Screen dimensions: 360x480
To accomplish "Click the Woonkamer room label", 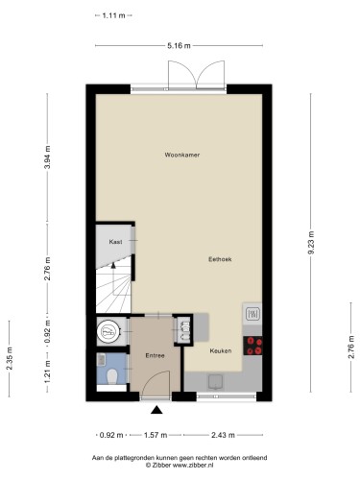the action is pyautogui.click(x=182, y=155).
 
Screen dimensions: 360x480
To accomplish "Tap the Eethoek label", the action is pyautogui.click(x=220, y=259).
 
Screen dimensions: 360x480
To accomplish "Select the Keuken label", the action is pyautogui.click(x=221, y=350).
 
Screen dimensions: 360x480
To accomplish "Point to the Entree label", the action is pyautogui.click(x=155, y=355).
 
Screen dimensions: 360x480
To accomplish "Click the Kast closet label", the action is pyautogui.click(x=115, y=242).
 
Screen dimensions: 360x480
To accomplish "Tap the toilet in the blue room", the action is pyautogui.click(x=112, y=376).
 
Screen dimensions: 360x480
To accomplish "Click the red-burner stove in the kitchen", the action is pyautogui.click(x=252, y=346).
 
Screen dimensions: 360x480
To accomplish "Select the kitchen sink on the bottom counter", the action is pyautogui.click(x=216, y=382).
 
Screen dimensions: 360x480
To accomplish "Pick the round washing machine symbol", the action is pyautogui.click(x=109, y=331).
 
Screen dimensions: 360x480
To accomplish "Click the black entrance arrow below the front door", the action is pyautogui.click(x=156, y=410).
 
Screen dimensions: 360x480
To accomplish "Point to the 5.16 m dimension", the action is pyautogui.click(x=179, y=46).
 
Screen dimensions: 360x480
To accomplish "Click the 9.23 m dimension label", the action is pyautogui.click(x=311, y=242).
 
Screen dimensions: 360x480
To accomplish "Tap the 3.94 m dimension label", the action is pyautogui.click(x=47, y=157).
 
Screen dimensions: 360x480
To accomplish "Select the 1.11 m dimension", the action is pyautogui.click(x=113, y=15).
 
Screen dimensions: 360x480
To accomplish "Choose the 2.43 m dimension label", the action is pyautogui.click(x=223, y=435).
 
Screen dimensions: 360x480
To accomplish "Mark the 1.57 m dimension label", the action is pyautogui.click(x=156, y=435).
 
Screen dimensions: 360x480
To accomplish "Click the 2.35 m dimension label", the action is pyautogui.click(x=10, y=358).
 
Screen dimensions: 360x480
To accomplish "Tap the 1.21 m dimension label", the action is pyautogui.click(x=47, y=372).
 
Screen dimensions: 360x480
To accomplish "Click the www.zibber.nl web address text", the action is pyautogui.click(x=193, y=466).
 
